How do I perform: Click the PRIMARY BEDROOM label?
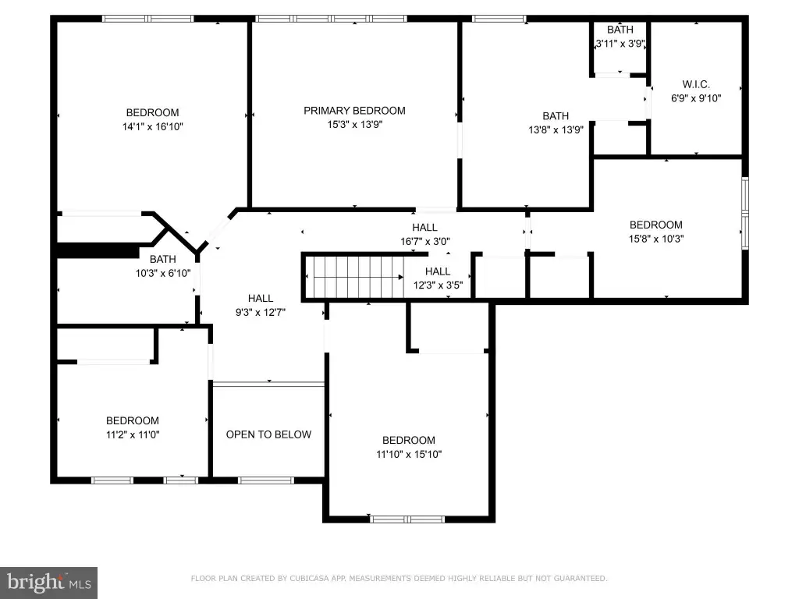pos(355,111)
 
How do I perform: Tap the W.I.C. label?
pos(696,84)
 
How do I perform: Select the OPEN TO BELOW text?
pos(268,434)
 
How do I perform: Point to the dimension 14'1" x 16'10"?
pos(152,126)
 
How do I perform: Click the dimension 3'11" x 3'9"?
pos(620,44)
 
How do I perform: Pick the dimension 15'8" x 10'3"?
pos(656,239)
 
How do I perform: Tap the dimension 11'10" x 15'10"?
pos(409,454)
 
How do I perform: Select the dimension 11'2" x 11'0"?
pos(133,434)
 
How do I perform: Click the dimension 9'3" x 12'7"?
pos(261,312)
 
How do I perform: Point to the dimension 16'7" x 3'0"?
pos(425,242)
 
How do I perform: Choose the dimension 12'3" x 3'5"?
pos(438,285)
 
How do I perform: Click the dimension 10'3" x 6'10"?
pos(163,273)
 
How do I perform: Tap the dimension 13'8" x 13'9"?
pos(556,130)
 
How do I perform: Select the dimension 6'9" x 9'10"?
pos(696,98)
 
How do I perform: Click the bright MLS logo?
pos(49,583)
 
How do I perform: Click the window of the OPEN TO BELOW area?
pos(265,480)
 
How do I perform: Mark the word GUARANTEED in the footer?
pos(581,578)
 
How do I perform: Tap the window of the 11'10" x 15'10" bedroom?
pos(407,519)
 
